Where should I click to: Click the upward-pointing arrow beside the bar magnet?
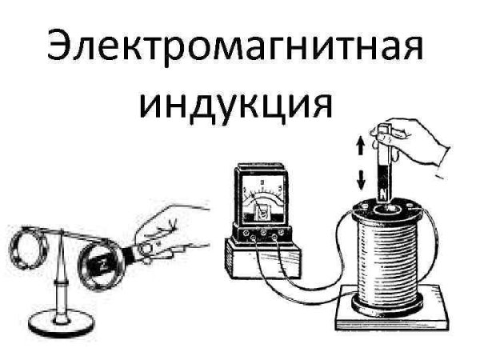pos(362,145)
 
